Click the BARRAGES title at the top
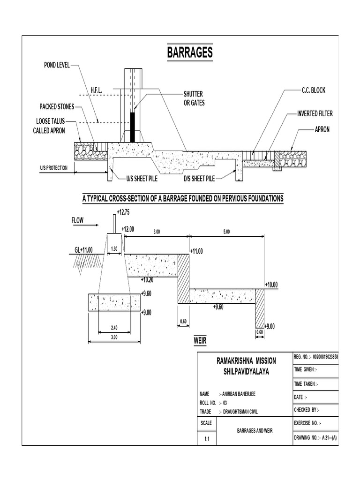[x=190, y=52]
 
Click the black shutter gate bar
[x=132, y=127]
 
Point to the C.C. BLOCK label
[x=313, y=90]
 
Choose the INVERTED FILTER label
[x=315, y=114]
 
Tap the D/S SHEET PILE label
[x=199, y=179]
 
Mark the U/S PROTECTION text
[x=53, y=167]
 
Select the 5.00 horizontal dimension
[x=226, y=232]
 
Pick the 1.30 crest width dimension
[x=114, y=248]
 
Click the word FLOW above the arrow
[x=78, y=220]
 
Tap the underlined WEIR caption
[x=200, y=340]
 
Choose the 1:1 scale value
[x=206, y=439]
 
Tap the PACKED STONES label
[x=57, y=107]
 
